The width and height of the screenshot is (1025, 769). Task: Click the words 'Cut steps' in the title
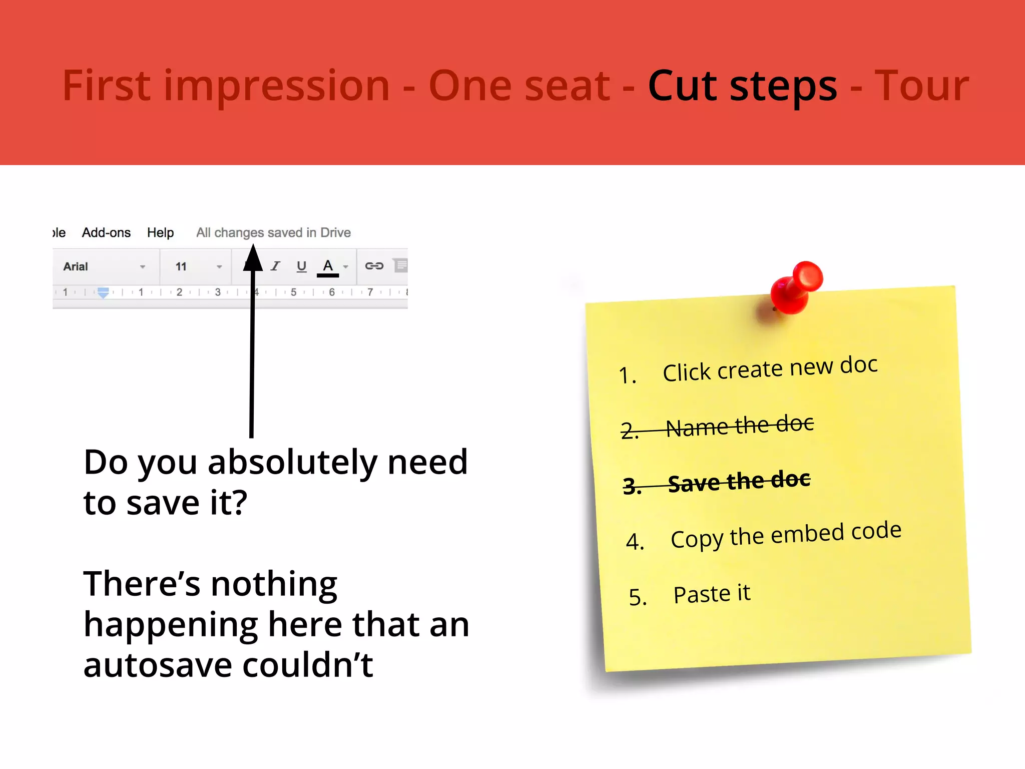(x=742, y=86)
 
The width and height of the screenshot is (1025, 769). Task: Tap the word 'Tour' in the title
(x=921, y=86)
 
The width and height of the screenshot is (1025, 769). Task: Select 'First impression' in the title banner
(x=226, y=86)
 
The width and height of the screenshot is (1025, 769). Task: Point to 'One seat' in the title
(x=519, y=86)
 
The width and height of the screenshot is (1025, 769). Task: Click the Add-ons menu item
(x=106, y=233)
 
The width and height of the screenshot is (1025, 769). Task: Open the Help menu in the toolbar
(x=160, y=233)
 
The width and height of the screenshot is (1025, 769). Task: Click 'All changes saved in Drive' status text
(x=273, y=233)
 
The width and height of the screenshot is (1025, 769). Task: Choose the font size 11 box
(x=198, y=266)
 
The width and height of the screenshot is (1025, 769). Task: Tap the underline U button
(x=301, y=266)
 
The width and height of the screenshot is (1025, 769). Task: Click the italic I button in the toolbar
(x=276, y=266)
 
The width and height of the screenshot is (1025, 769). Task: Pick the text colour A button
(x=328, y=266)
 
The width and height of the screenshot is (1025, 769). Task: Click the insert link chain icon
(x=374, y=266)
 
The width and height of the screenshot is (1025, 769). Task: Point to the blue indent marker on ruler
(x=103, y=293)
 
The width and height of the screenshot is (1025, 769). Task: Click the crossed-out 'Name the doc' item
(x=740, y=426)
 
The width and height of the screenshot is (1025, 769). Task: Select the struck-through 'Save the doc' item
(x=739, y=482)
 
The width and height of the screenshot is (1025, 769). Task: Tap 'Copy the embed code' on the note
(x=786, y=535)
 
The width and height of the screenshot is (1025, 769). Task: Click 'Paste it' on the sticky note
(x=712, y=594)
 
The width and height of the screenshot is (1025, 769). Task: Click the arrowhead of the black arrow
(x=253, y=258)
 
